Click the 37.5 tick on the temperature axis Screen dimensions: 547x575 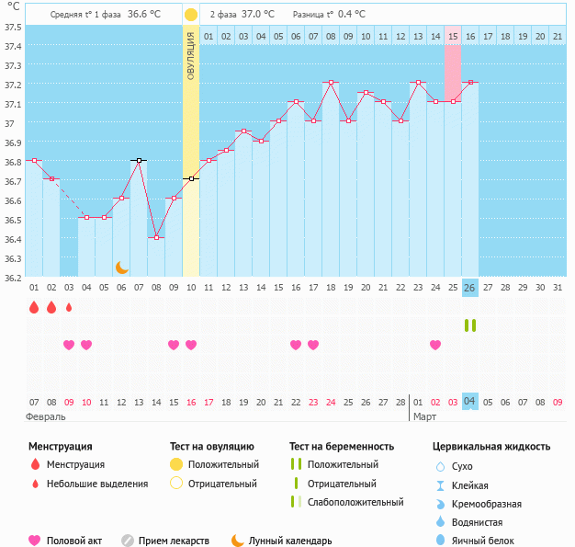pos(13,27)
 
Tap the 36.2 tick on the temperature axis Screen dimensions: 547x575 pos(13,278)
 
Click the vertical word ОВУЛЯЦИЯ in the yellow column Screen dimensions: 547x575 pos(191,55)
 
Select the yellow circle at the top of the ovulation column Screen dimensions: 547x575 pos(191,15)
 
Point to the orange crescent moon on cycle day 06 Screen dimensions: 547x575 pos(121,267)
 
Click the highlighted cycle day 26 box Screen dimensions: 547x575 pos(469,288)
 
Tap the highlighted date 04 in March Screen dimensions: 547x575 pos(469,401)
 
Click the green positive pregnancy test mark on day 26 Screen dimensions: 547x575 pos(469,325)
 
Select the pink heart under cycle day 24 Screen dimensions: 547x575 pos(434,345)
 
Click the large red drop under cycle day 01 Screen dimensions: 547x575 pos(34,307)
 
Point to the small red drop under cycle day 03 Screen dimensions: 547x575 pos(69,307)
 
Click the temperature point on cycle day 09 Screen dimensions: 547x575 pos(174,199)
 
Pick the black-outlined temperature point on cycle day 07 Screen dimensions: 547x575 pos(139,160)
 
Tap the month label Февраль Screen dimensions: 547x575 pos(46,416)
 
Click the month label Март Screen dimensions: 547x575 pos(424,416)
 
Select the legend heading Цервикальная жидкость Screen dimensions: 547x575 pos(491,447)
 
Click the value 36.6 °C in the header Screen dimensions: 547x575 pos(143,15)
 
